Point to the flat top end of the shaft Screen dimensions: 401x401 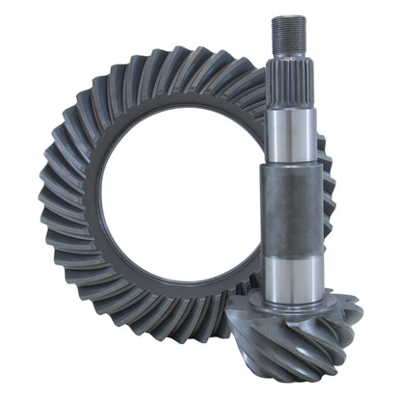[x=288, y=17]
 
